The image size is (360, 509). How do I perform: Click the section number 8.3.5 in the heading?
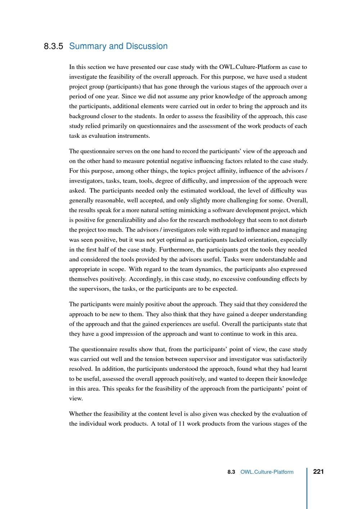coord(53,46)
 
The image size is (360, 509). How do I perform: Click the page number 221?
coord(319,472)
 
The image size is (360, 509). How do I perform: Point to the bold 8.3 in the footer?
coord(231,472)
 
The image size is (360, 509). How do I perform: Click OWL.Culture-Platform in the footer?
coord(267,472)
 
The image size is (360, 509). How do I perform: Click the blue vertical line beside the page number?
coord(307,488)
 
